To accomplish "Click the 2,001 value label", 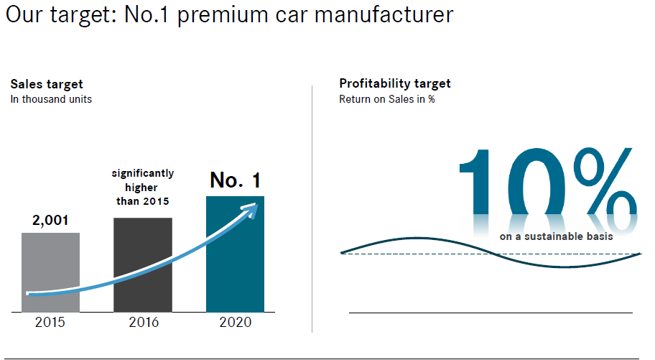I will coord(50,221).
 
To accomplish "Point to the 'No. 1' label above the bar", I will coord(236,181).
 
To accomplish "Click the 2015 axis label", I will coord(50,323).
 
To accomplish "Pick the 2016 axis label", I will coord(144,323).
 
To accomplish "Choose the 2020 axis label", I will coord(236,323).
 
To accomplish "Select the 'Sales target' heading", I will coord(47,84).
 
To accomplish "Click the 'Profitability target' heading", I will coord(394,84).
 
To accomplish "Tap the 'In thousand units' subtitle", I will coord(51,99).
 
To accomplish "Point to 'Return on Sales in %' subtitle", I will coord(386,99).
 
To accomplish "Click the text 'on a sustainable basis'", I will coord(556,236).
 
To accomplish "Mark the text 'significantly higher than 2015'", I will coord(142,188).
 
